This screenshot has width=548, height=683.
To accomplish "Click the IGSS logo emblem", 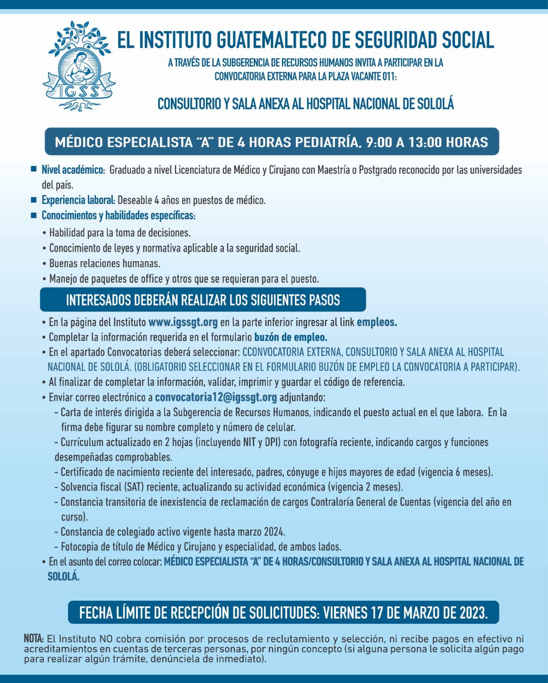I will (x=79, y=66).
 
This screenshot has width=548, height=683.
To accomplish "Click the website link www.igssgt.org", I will (x=183, y=322).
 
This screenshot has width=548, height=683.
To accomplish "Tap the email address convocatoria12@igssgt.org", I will (x=216, y=397).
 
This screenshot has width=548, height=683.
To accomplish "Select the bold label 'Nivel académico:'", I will (x=73, y=170).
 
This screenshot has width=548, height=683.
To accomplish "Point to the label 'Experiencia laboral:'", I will (x=78, y=200).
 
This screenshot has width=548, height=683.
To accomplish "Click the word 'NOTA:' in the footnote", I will (x=34, y=639).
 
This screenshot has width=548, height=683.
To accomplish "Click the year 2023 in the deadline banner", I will (x=473, y=613).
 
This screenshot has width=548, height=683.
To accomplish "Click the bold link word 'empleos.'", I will (x=377, y=322).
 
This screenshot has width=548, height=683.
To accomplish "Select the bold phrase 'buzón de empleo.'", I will (x=291, y=337).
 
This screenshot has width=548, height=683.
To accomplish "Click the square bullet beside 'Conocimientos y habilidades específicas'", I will (x=34, y=215).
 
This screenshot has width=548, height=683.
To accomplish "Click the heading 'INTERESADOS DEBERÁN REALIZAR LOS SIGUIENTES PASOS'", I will (x=203, y=300).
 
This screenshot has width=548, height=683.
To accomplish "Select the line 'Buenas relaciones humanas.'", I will (x=104, y=263).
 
